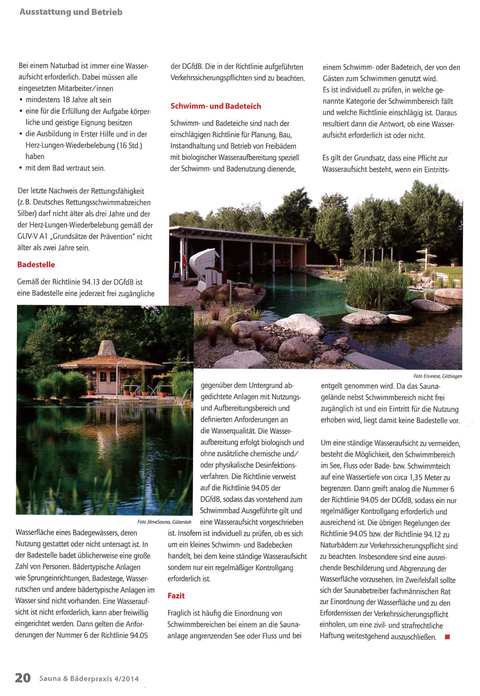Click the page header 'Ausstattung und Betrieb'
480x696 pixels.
[x=71, y=12]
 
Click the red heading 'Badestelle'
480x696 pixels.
[x=36, y=265]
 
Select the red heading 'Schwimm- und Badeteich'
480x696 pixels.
[x=216, y=106]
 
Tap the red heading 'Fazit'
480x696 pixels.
[x=176, y=596]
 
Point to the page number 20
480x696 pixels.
[x=23, y=678]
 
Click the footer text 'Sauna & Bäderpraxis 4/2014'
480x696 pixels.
[x=89, y=679]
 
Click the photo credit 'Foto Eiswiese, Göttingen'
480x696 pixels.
[x=437, y=376]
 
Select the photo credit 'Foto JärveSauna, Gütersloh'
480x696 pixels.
[x=164, y=522]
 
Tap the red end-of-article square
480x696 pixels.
[x=447, y=637]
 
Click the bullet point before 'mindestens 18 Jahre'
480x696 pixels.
[x=21, y=100]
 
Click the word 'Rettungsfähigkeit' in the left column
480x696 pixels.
[x=117, y=191]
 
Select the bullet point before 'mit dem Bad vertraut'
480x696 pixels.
[x=21, y=169]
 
